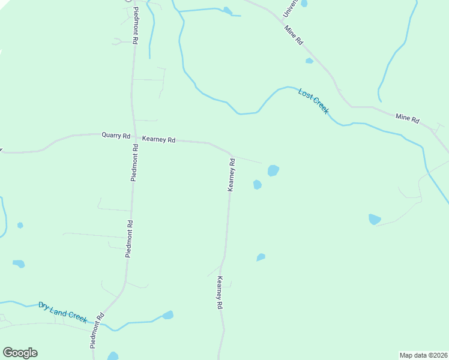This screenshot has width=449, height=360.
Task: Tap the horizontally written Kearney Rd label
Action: point(158,140)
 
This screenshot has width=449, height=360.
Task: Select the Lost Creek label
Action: point(313,101)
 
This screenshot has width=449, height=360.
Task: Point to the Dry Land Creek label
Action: point(62,313)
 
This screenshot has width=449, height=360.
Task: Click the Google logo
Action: point(20,353)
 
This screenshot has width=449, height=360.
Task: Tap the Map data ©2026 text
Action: point(423,355)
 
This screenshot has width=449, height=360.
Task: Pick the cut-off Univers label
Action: point(290,10)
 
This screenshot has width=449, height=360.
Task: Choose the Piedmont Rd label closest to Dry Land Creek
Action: point(97,331)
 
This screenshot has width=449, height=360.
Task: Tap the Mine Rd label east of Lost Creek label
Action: point(408,118)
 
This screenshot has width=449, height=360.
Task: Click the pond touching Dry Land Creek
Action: point(167,315)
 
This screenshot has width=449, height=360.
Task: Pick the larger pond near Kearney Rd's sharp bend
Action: point(273,170)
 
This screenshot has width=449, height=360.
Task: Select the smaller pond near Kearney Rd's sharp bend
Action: point(257,184)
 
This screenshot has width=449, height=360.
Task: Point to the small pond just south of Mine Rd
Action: point(309,61)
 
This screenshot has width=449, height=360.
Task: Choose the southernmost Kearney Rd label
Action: point(220,293)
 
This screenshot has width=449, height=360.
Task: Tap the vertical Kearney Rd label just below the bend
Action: point(231,175)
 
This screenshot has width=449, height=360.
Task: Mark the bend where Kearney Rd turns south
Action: point(229,152)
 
